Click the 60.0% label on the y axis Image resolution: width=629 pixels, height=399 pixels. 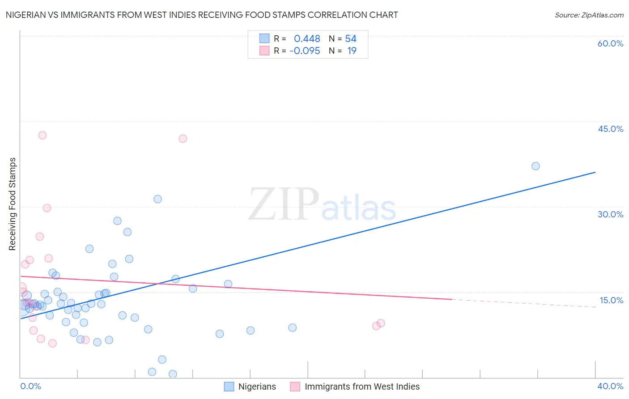pos(610,43)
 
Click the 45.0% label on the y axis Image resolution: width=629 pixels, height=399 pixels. pos(610,129)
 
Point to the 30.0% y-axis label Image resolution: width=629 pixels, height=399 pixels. pos(610,214)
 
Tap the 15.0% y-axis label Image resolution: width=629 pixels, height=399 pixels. pos(611,300)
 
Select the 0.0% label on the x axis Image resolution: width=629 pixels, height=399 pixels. pos(30,386)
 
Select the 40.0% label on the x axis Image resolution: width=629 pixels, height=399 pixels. pos(610,386)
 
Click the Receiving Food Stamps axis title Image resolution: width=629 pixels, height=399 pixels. pos(13,204)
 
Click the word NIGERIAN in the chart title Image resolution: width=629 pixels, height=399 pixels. pos(26,15)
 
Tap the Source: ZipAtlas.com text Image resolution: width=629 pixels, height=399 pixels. pos(589,15)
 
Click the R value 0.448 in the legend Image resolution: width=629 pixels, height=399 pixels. pos(307,39)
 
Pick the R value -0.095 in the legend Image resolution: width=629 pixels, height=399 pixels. pos(305,51)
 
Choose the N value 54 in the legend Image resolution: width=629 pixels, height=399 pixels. pos(351,39)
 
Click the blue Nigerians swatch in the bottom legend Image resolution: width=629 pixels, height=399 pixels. pos(229,386)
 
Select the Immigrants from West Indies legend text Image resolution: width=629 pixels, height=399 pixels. pos(362,386)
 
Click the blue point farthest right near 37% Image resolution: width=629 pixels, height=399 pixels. pos(535,166)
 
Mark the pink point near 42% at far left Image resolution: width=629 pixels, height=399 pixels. pos(42,135)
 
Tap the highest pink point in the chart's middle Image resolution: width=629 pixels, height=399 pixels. pos(183,139)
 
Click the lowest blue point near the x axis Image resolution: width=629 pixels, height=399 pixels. pos(173,374)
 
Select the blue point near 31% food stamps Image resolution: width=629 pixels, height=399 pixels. pos(157,199)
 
